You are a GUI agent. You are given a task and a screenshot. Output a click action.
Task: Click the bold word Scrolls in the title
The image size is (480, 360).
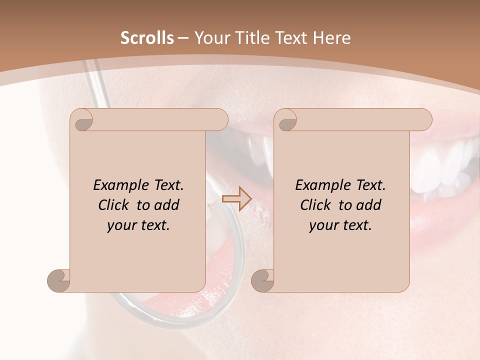coord(147,38)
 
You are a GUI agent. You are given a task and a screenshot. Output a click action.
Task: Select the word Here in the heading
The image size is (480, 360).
coord(331,38)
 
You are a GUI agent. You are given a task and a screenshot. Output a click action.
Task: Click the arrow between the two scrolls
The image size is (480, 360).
coord(236,198)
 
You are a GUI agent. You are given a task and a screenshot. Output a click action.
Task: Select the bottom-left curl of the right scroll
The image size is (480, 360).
coord(263,280)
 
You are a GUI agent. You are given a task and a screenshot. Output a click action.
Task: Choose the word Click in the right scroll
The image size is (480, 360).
coord(315,205)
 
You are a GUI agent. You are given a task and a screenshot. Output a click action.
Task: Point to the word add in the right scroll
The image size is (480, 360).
coord(369,205)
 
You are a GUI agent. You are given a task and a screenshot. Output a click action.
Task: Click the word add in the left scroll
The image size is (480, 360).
coord(167,205)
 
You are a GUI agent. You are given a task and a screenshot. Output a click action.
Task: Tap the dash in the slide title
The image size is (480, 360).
coord(183,38)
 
